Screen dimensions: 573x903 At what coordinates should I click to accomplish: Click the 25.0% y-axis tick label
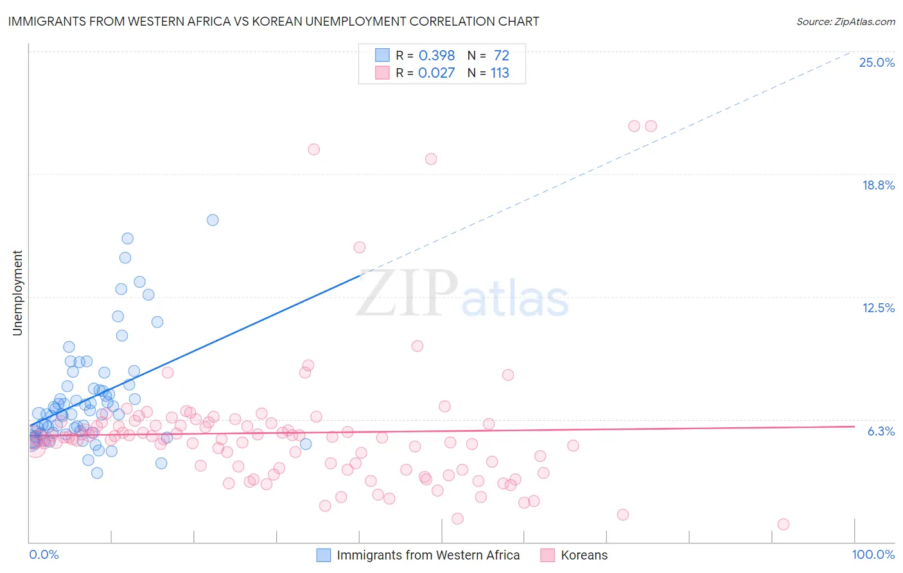pyautogui.click(x=877, y=62)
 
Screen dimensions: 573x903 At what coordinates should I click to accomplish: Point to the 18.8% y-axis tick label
pyautogui.click(x=878, y=185)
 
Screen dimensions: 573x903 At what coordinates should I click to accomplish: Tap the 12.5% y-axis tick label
pyautogui.click(x=878, y=308)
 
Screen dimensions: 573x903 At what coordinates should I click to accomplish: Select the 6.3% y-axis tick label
pyautogui.click(x=881, y=431)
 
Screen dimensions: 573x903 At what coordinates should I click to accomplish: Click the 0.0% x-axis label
pyautogui.click(x=44, y=554)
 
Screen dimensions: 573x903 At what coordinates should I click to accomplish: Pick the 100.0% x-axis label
pyautogui.click(x=873, y=554)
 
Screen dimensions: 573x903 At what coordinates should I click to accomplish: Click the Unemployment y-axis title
pyautogui.click(x=17, y=293)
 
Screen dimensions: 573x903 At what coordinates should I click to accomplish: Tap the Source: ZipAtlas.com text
pyautogui.click(x=845, y=21)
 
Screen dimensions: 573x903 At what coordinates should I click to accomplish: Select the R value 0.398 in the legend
pyautogui.click(x=437, y=55)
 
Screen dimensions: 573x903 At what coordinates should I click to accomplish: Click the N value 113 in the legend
pyautogui.click(x=500, y=73)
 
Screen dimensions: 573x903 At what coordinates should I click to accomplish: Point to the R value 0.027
pyautogui.click(x=437, y=73)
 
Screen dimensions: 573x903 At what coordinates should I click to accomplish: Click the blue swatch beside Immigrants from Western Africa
pyautogui.click(x=324, y=555)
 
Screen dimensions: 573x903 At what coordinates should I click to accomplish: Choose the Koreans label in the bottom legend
pyautogui.click(x=584, y=555)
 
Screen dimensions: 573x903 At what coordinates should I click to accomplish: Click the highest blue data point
pyautogui.click(x=213, y=220)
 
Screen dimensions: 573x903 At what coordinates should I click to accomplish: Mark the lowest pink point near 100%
pyautogui.click(x=783, y=524)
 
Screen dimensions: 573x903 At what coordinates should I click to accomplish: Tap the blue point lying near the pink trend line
pyautogui.click(x=306, y=444)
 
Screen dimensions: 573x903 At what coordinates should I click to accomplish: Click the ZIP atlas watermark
pyautogui.click(x=462, y=294)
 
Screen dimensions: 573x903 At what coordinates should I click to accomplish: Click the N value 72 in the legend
pyautogui.click(x=501, y=55)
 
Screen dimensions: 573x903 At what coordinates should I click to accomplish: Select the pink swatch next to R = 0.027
pyautogui.click(x=382, y=73)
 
